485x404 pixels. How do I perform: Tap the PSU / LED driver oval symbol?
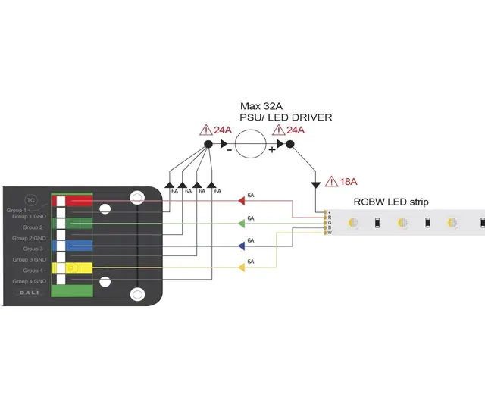tap(249, 142)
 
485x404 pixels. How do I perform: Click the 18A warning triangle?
tap(331, 182)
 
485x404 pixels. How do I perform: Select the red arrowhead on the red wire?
tap(241, 201)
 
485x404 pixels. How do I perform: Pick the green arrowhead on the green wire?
tap(241, 223)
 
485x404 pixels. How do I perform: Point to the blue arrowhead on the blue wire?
tap(241, 245)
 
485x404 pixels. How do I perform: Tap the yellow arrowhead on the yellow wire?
tap(241, 267)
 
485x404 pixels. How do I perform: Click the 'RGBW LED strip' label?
tap(391, 202)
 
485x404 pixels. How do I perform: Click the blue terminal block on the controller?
tap(79, 246)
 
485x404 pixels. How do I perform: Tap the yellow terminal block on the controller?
tap(79, 268)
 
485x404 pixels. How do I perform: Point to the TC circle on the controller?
tap(31, 200)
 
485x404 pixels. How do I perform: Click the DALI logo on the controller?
tap(30, 300)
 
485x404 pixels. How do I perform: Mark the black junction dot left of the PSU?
tap(208, 144)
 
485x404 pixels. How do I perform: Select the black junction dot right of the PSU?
tap(289, 144)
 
